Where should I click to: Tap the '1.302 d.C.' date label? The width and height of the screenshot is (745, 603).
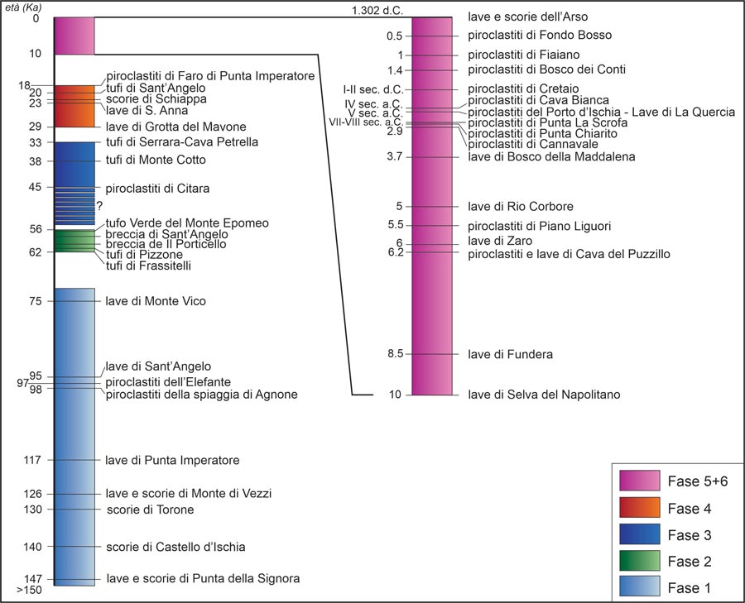point(376,10)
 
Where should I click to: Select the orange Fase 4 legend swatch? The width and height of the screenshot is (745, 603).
point(639,508)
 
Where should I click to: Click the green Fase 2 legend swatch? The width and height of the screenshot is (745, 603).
point(639,561)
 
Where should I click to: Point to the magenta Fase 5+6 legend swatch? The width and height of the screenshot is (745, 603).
point(639,481)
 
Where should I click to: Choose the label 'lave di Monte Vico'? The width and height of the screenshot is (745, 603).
point(156,301)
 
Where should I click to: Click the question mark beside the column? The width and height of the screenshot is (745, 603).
point(99,206)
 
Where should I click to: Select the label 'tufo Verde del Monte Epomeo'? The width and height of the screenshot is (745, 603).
point(186,223)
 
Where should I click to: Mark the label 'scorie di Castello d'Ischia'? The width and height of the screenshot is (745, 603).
point(175,547)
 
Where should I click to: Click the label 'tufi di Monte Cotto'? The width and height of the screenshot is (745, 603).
point(156,160)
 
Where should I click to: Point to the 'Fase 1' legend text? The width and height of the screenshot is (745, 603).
point(689,588)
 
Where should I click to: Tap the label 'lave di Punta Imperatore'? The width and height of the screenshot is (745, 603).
point(172,460)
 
